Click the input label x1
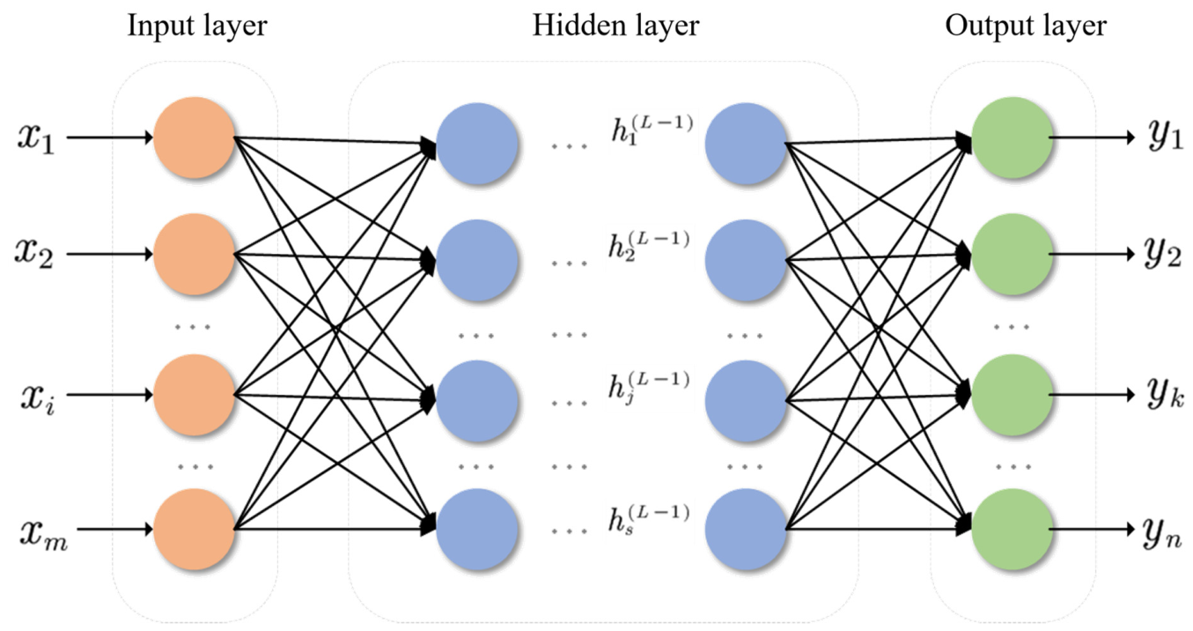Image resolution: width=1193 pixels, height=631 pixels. [36, 137]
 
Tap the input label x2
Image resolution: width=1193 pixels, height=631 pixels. [34, 253]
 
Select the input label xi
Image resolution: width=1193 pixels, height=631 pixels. [37, 397]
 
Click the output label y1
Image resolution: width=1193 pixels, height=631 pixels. [1165, 136]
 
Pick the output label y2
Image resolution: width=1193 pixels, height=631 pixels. [1162, 253]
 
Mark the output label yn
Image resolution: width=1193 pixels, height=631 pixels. [1162, 533]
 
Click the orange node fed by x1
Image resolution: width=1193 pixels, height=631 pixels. [195, 137]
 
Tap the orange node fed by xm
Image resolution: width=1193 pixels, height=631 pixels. [195, 529]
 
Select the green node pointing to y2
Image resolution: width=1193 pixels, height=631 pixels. [1013, 254]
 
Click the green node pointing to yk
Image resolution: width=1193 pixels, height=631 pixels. [1013, 395]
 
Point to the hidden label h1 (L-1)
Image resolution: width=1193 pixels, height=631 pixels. [652, 130]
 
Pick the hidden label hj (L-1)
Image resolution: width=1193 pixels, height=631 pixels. [649, 388]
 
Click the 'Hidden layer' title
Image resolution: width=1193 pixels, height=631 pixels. [615, 26]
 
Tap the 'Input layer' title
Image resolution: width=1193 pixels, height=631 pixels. [197, 26]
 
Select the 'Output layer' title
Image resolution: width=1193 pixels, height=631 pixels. [1026, 26]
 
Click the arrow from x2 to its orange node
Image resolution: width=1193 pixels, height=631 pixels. [110, 254]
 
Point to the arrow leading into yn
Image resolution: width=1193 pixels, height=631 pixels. [1092, 529]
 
